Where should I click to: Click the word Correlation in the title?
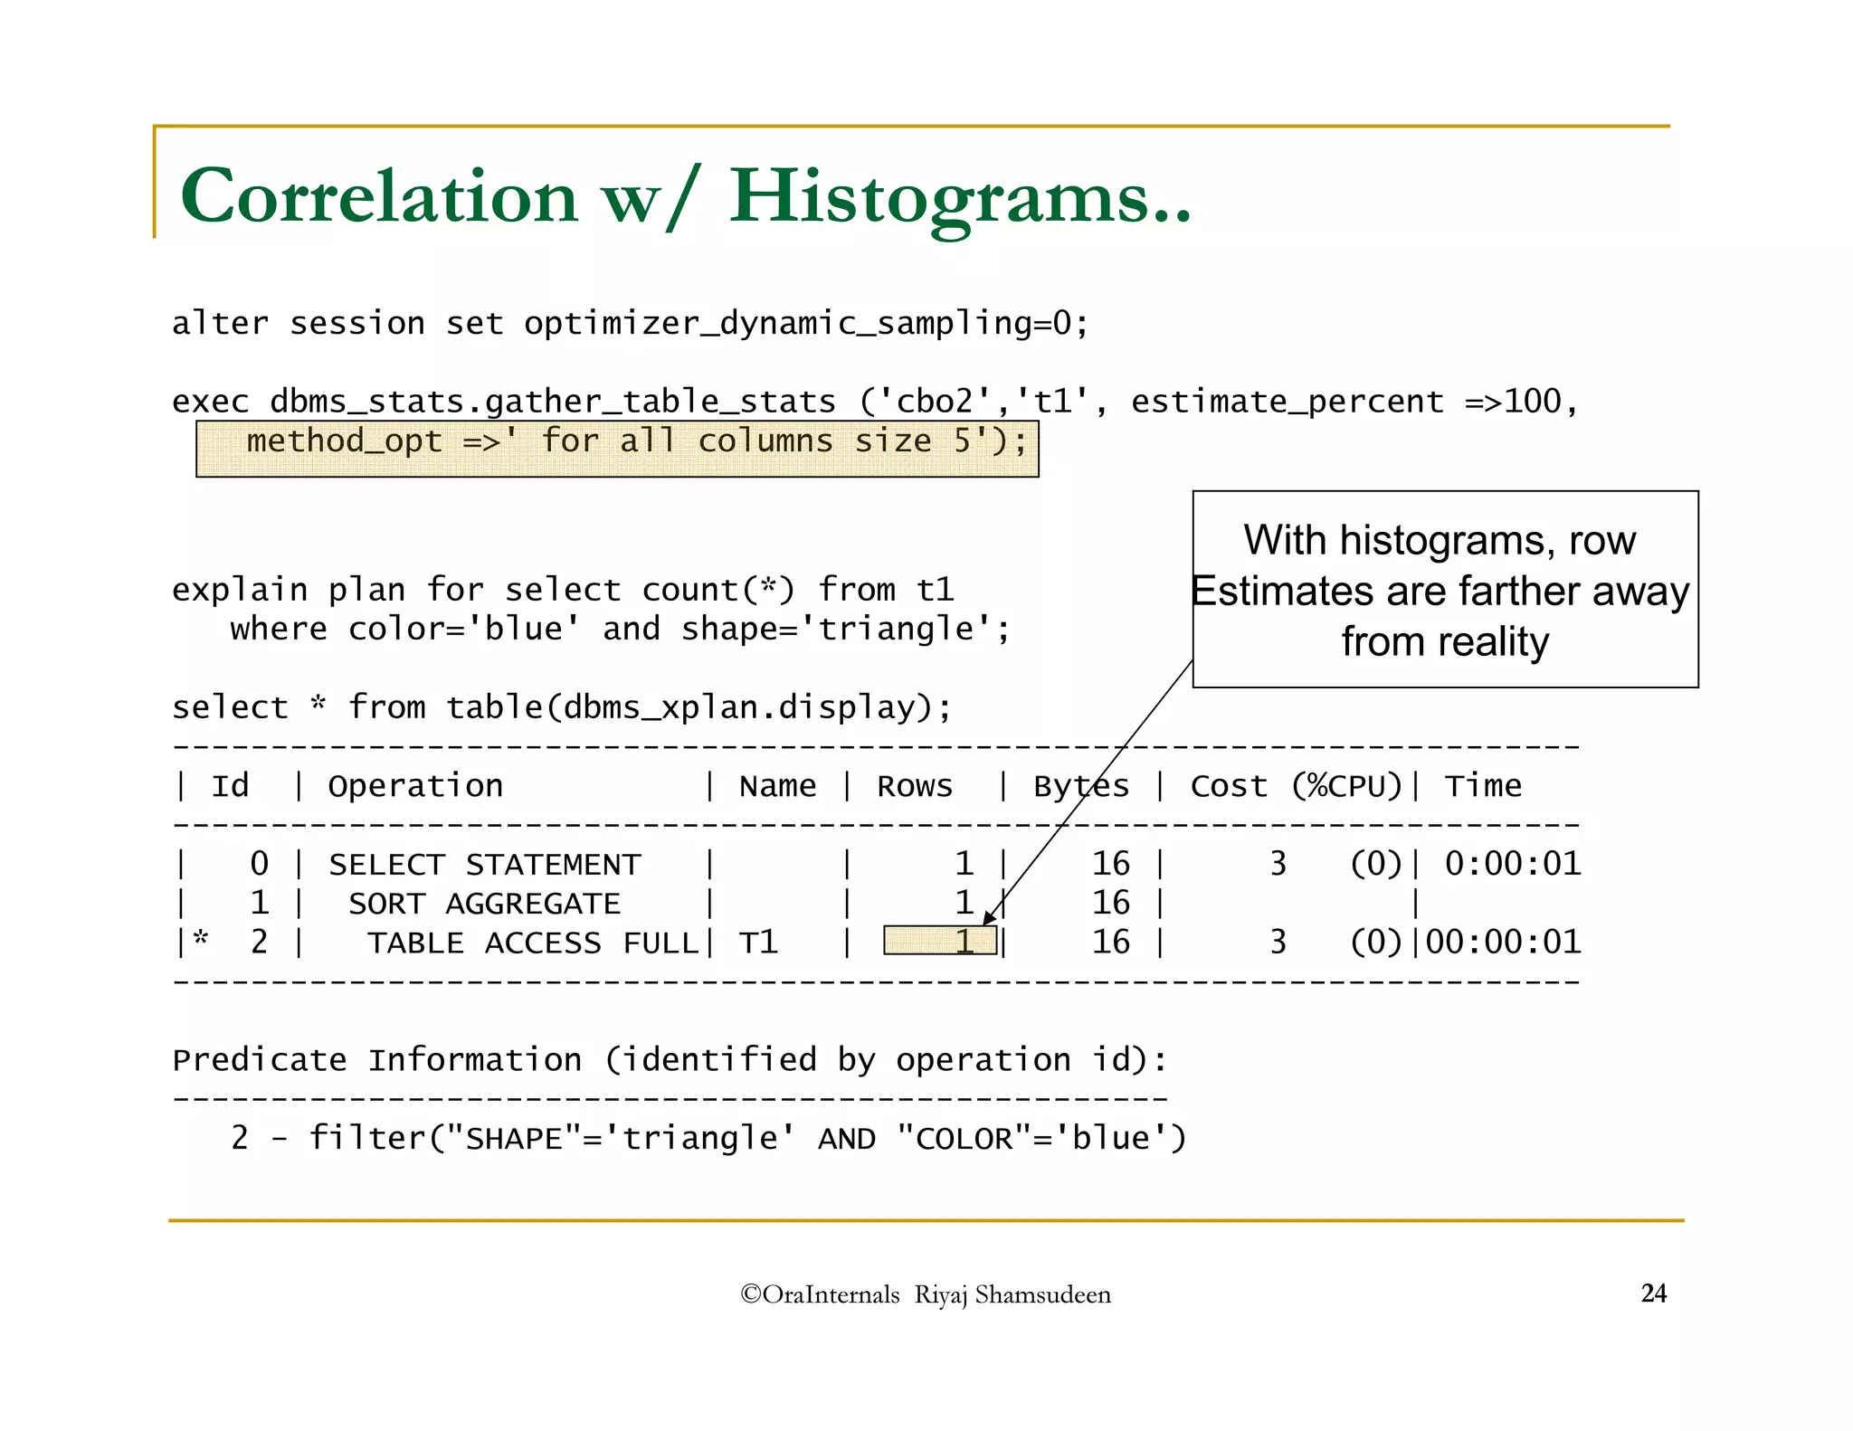(x=379, y=197)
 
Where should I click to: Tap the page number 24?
(x=1653, y=1294)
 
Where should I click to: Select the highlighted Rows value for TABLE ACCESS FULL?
(x=941, y=942)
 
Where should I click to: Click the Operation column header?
(x=415, y=786)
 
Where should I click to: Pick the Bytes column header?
(x=1081, y=787)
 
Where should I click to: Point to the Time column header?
(x=1483, y=786)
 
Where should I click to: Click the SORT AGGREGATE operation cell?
(x=485, y=904)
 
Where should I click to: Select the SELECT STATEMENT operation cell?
(x=485, y=865)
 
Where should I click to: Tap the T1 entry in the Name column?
(x=758, y=943)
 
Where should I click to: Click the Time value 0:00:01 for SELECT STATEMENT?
(x=1513, y=864)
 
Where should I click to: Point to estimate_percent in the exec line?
(x=1287, y=402)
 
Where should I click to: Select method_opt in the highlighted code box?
(x=344, y=441)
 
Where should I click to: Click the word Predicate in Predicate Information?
(x=260, y=1060)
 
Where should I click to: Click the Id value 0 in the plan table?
(x=259, y=864)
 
